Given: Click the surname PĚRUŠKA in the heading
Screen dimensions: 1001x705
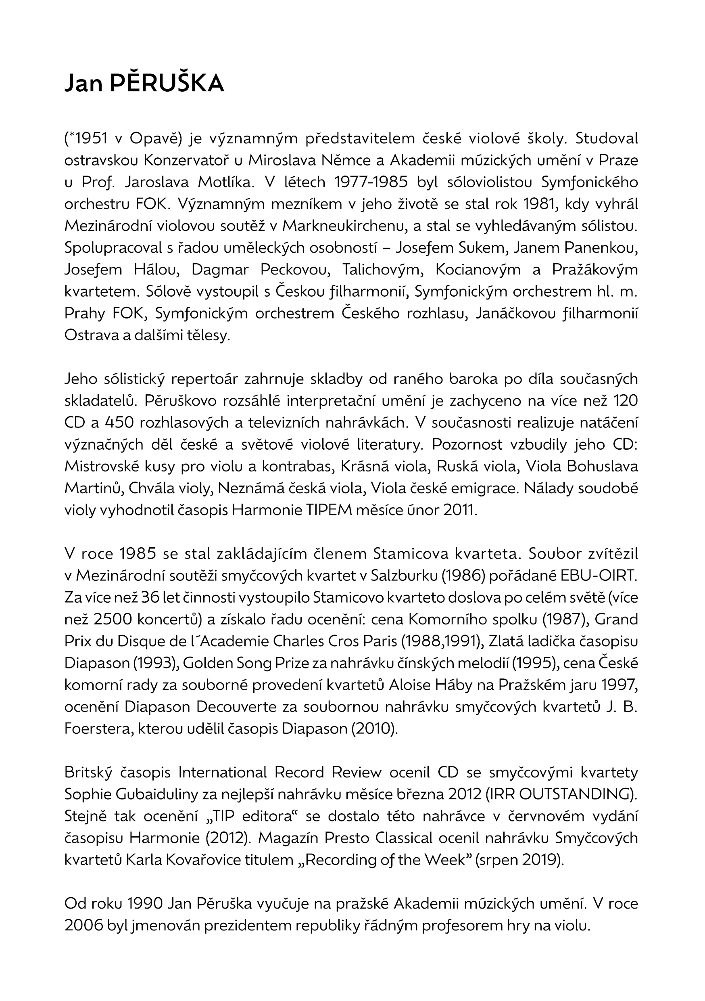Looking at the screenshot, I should pos(167,83).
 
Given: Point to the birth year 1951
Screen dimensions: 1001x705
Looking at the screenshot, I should pos(89,138).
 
